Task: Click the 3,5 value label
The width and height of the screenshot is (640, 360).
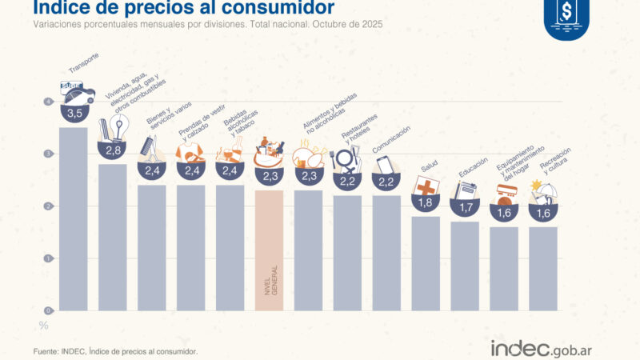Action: tap(75, 114)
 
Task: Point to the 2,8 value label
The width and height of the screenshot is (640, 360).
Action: tap(113, 150)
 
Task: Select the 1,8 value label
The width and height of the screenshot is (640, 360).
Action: tap(426, 203)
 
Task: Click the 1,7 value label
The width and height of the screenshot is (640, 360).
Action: tap(465, 208)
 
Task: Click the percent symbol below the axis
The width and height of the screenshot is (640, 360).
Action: tap(45, 325)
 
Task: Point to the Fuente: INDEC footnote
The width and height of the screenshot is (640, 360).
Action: tap(115, 351)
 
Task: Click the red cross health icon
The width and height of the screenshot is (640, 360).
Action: tap(426, 187)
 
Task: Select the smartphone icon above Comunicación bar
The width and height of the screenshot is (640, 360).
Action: tap(386, 163)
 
